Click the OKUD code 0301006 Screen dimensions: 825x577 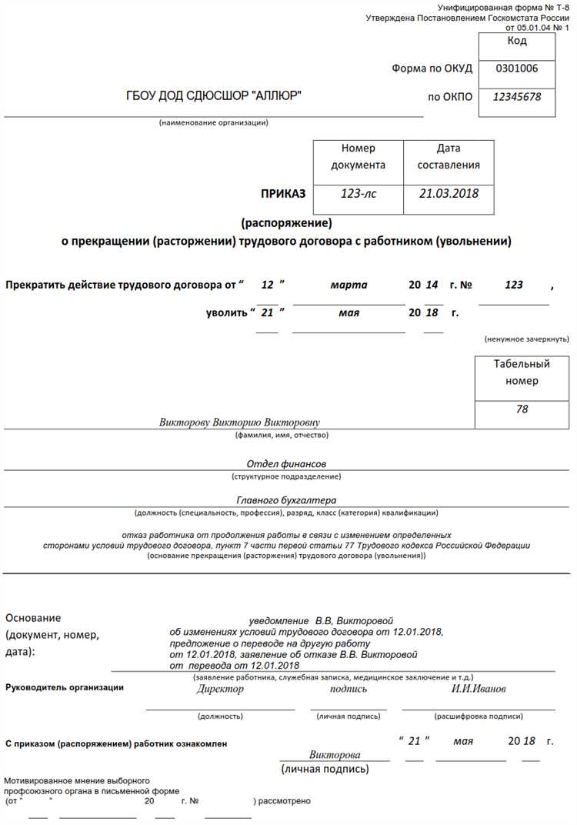pyautogui.click(x=516, y=68)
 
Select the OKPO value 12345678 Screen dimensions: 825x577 pyautogui.click(x=516, y=97)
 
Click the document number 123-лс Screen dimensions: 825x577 pyautogui.click(x=359, y=193)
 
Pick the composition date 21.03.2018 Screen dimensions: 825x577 pyautogui.click(x=449, y=193)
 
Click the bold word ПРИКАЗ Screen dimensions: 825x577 pyautogui.click(x=284, y=193)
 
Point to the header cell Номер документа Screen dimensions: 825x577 pyautogui.click(x=359, y=156)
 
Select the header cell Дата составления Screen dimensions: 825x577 pyautogui.click(x=449, y=156)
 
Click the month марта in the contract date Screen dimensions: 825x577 pyautogui.click(x=349, y=285)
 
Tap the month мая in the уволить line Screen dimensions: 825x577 pyautogui.click(x=349, y=313)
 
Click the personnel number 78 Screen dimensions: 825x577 pyautogui.click(x=522, y=409)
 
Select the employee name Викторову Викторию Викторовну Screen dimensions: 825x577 pyautogui.click(x=239, y=423)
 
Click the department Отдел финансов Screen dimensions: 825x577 pyautogui.click(x=286, y=464)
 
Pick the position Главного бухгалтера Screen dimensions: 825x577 pyautogui.click(x=286, y=500)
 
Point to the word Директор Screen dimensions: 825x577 pyautogui.click(x=220, y=689)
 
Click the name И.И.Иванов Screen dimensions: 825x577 pyautogui.click(x=479, y=689)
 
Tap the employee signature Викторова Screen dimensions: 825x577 pyautogui.click(x=335, y=755)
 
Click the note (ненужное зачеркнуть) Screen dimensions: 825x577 pyautogui.click(x=526, y=339)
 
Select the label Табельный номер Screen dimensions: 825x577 pyautogui.click(x=522, y=372)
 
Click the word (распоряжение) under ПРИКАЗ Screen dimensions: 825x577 pyautogui.click(x=286, y=224)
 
